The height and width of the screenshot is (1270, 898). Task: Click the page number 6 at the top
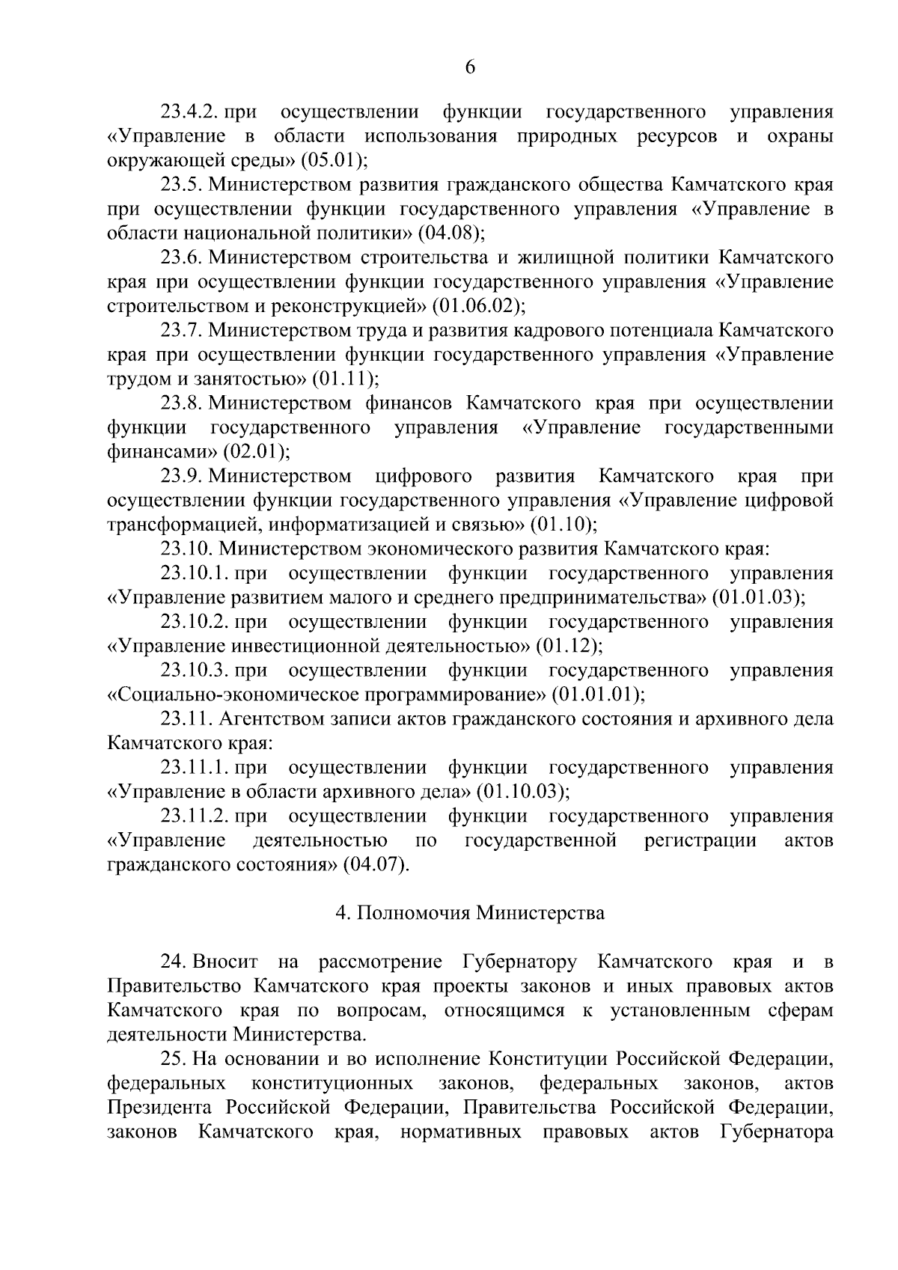tap(470, 67)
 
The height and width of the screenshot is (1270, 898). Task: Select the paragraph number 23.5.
tap(181, 185)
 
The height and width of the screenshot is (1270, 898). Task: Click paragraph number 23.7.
tap(181, 330)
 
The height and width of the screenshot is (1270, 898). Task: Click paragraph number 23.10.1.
tap(194, 573)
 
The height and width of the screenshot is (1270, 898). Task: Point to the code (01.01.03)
tap(758, 597)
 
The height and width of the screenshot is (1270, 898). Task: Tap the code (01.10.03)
tap(522, 791)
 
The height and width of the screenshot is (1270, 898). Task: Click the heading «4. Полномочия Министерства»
tap(469, 913)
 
